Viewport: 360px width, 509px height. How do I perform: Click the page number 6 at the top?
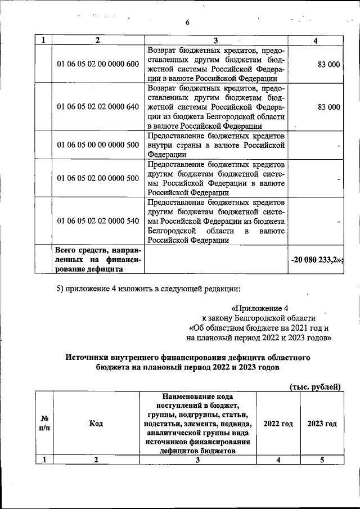pyautogui.click(x=188, y=22)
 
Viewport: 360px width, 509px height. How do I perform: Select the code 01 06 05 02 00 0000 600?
pyautogui.click(x=98, y=64)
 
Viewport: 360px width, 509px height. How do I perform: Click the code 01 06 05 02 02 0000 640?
pyautogui.click(x=98, y=106)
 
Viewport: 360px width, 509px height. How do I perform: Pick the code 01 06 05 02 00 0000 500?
pyautogui.click(x=98, y=178)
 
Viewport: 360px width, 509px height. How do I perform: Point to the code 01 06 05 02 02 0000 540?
pyautogui.click(x=98, y=220)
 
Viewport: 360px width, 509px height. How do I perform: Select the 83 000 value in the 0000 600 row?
pyautogui.click(x=328, y=64)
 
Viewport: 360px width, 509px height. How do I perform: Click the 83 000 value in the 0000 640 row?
pyautogui.click(x=328, y=106)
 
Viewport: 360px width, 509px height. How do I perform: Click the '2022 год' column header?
pyautogui.click(x=278, y=424)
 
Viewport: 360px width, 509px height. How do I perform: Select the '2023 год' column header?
pyautogui.click(x=322, y=424)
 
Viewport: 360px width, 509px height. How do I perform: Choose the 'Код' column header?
pyautogui.click(x=96, y=424)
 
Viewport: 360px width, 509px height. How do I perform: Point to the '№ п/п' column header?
pyautogui.click(x=44, y=424)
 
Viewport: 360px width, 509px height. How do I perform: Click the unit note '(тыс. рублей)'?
pyautogui.click(x=316, y=386)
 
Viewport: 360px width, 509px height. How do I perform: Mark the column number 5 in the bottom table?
pyautogui.click(x=322, y=460)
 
